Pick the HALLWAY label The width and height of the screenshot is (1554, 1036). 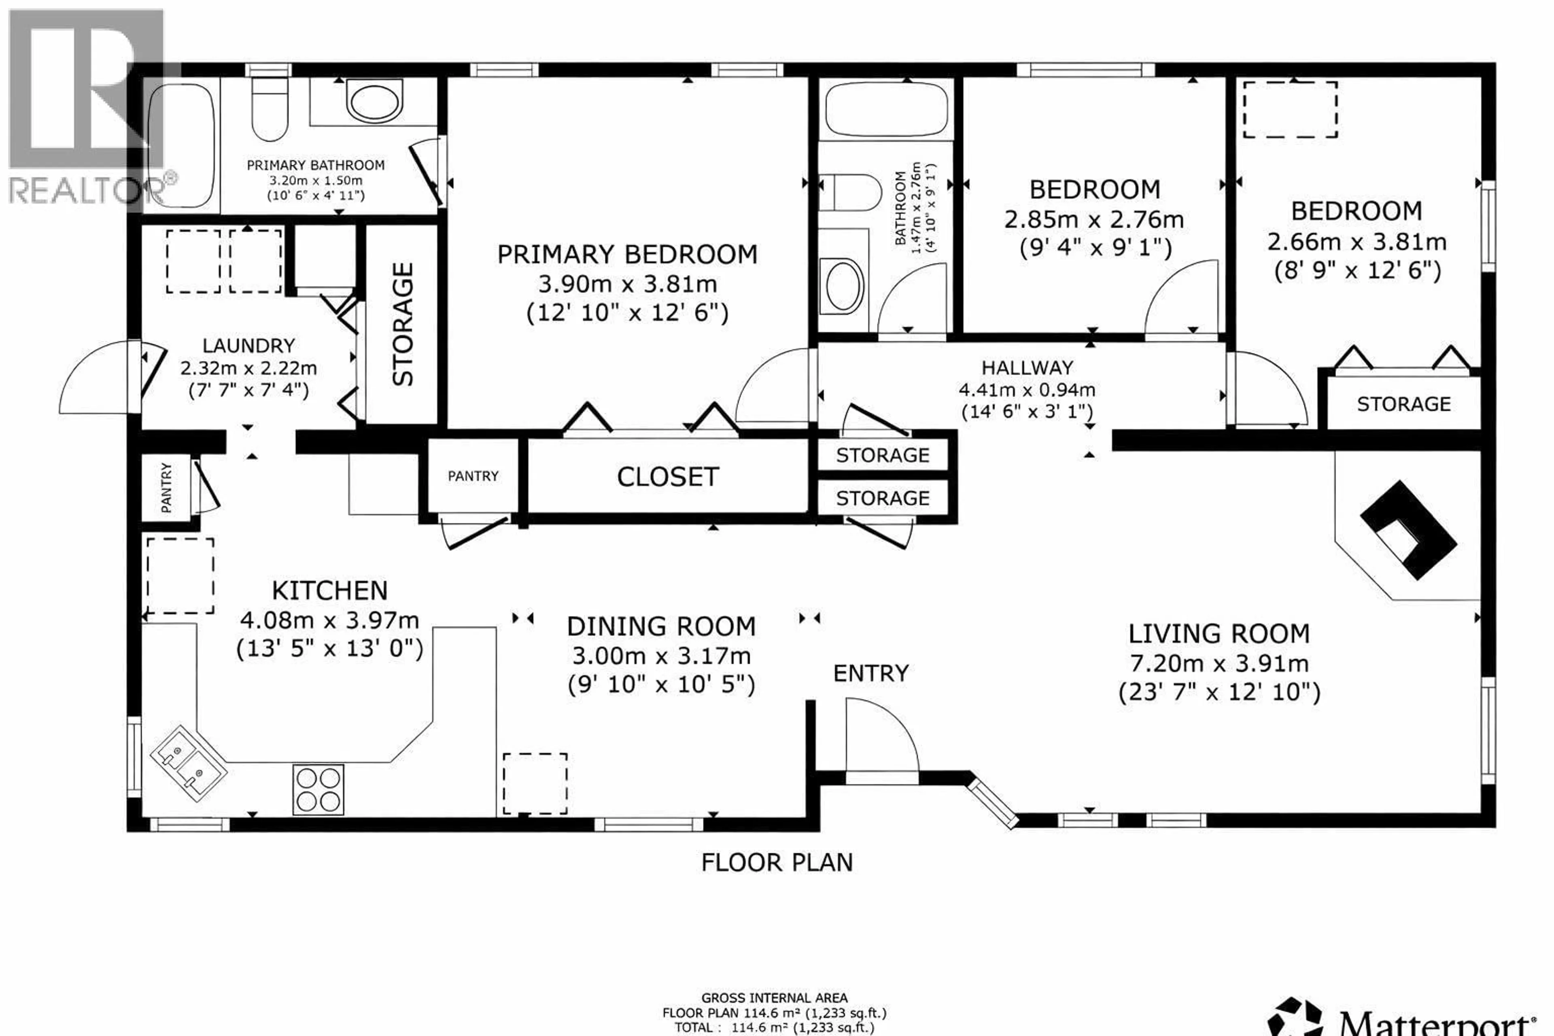point(1027,367)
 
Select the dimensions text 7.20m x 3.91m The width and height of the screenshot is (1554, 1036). point(1219,663)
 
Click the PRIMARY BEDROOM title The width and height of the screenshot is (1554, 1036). point(626,255)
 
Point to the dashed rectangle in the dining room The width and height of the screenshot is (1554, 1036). point(535,783)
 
